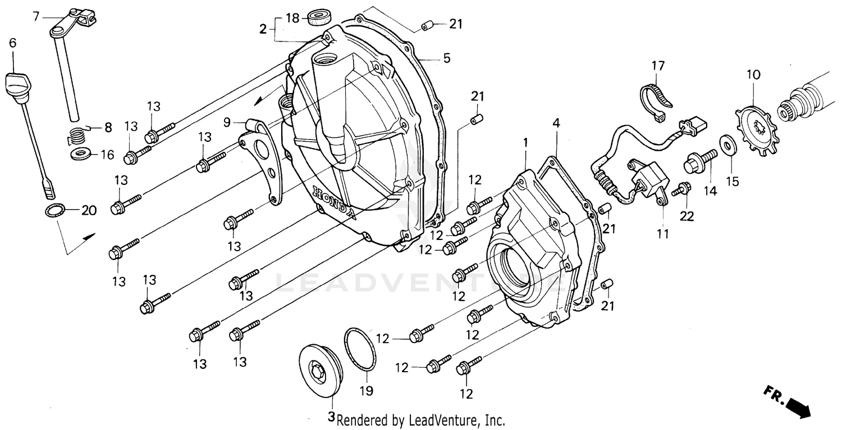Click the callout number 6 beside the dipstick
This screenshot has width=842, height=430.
pos(12,43)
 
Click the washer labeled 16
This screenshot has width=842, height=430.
pos(82,154)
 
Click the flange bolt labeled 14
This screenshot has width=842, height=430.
pos(699,161)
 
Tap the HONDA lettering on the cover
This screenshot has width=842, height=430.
pos(335,202)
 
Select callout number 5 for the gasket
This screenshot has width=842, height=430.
pos(447,58)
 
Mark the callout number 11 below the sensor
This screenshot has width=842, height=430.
pos(663,234)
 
